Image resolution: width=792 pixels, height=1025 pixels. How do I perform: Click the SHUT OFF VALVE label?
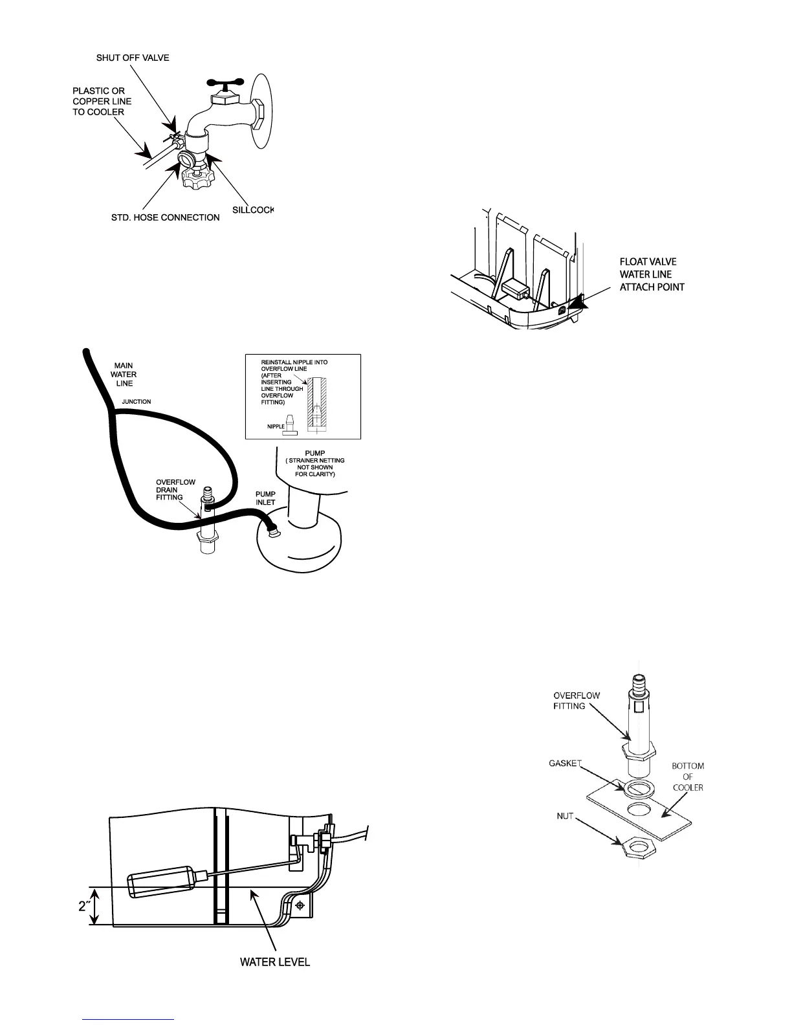(133, 58)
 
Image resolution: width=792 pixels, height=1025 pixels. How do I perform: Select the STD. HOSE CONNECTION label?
(166, 217)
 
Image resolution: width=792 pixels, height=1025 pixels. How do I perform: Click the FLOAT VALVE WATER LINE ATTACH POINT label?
(652, 274)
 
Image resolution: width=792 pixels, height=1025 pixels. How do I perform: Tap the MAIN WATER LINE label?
(124, 375)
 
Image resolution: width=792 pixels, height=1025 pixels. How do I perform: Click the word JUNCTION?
(137, 402)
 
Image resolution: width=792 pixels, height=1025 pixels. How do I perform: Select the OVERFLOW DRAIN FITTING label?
(171, 490)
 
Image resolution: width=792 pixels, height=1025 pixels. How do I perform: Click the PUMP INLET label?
(265, 498)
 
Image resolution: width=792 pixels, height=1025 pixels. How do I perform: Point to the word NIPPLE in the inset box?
(276, 427)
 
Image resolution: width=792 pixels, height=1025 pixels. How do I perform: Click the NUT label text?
(565, 816)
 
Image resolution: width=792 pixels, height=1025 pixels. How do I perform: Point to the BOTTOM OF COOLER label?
(687, 777)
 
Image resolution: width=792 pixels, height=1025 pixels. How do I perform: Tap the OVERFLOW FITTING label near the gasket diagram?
(576, 701)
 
